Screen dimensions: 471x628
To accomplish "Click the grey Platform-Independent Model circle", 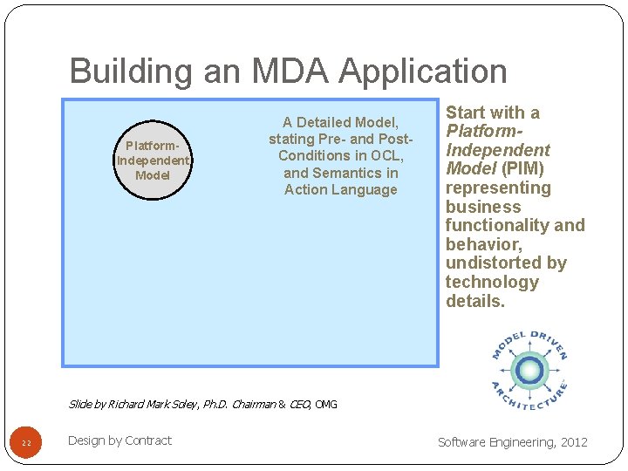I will click(x=153, y=160).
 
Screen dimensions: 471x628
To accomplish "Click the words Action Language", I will click(x=340, y=189).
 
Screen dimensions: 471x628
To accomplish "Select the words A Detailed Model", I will click(x=340, y=122).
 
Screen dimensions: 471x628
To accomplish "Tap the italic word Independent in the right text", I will click(x=498, y=150).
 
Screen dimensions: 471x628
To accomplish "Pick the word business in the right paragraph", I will click(x=483, y=207).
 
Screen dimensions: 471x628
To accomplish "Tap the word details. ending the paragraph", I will click(x=475, y=302).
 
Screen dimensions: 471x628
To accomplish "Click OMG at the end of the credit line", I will click(x=325, y=405).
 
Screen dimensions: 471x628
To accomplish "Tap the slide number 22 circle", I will click(x=26, y=443).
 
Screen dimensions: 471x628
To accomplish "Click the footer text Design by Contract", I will click(x=119, y=440).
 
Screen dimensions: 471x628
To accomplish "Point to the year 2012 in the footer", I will click(x=573, y=442).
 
